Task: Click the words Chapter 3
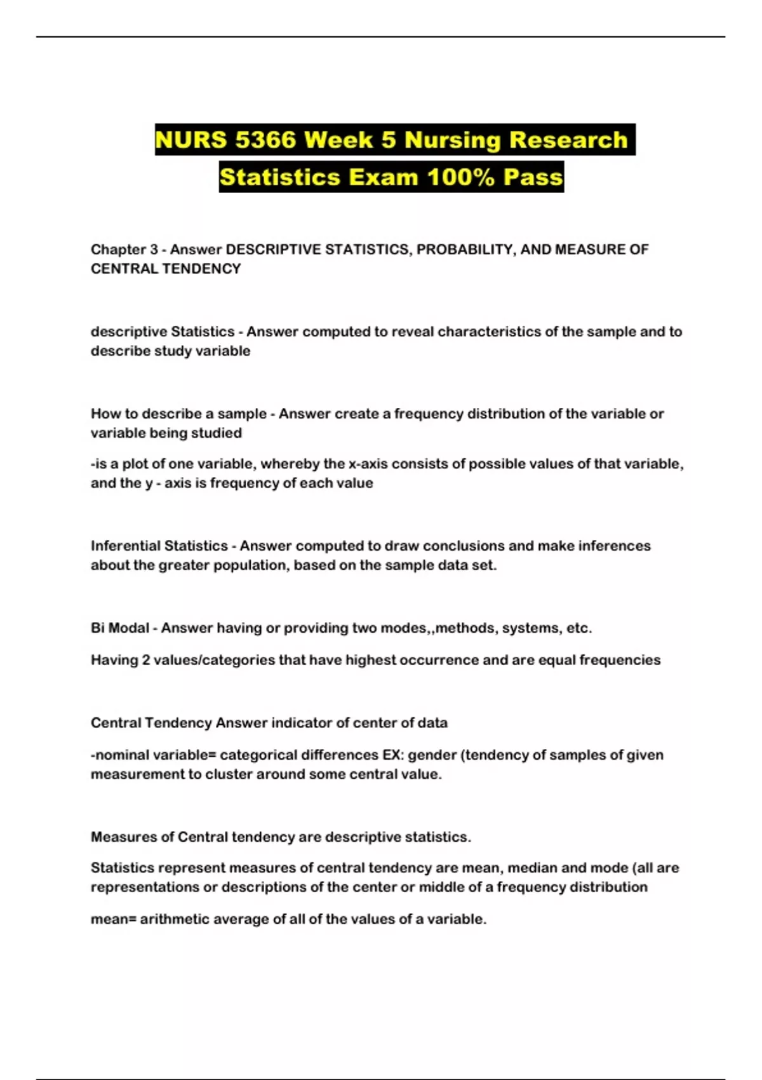pos(124,250)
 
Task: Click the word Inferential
pos(124,546)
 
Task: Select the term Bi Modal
pos(120,628)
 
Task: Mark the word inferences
pos(613,546)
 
